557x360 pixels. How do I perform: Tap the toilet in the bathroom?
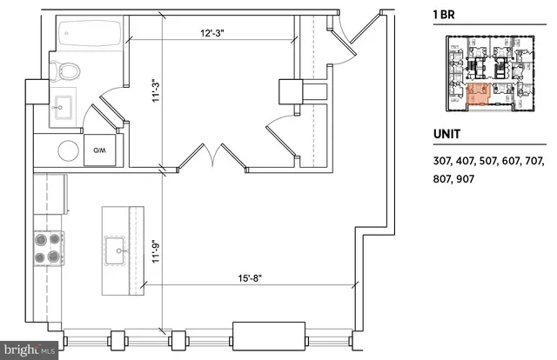click(68, 70)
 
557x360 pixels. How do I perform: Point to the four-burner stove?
click(48, 248)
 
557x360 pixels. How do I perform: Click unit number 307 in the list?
click(443, 162)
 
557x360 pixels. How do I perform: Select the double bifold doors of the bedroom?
click(214, 157)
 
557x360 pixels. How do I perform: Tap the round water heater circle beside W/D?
click(69, 151)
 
